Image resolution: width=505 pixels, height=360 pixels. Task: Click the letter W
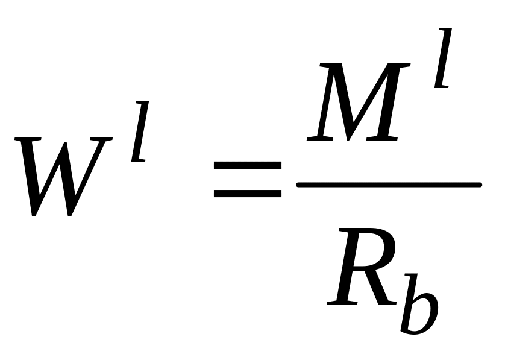63,176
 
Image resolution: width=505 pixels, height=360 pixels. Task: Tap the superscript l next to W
140,131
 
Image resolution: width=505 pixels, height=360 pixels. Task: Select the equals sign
248,179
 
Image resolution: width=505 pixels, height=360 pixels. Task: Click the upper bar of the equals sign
248,165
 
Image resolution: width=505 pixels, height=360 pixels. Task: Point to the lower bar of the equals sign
248,194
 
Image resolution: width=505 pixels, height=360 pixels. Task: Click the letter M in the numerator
358,102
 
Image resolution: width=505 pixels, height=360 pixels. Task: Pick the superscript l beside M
443,58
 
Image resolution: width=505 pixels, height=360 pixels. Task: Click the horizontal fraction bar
389,185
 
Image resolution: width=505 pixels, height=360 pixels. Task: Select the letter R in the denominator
362,266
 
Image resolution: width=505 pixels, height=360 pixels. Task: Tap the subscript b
419,304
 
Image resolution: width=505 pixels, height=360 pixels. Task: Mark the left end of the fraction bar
297,185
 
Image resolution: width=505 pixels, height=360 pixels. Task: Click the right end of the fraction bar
481,185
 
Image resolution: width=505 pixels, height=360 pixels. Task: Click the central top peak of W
65,143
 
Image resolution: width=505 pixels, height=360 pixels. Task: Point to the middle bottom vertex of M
348,139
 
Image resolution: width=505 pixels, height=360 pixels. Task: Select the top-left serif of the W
27,139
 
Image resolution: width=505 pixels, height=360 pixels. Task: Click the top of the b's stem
412,275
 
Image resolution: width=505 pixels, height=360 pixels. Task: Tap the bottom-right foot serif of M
382,139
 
